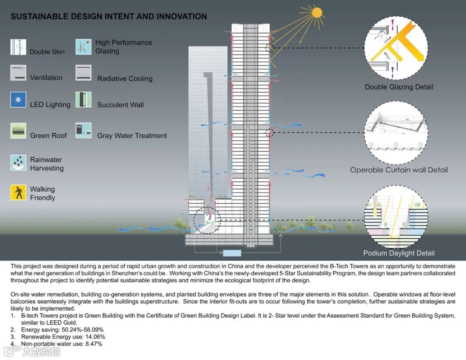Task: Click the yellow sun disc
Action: click(x=317, y=12)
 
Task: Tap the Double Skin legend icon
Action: click(x=18, y=47)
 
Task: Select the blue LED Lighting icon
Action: click(x=18, y=100)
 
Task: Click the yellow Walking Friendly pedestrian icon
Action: click(x=18, y=193)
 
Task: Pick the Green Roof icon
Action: click(x=18, y=130)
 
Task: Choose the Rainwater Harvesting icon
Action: click(x=18, y=163)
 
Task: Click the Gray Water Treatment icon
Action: click(x=83, y=130)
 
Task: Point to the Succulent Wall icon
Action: click(x=83, y=100)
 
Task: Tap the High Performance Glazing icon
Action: click(x=83, y=47)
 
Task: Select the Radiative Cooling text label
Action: click(x=125, y=79)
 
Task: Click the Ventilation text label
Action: click(x=46, y=78)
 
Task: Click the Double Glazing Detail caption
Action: click(x=399, y=87)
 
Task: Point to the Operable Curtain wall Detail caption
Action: click(x=399, y=170)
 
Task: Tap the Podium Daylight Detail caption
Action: click(x=399, y=253)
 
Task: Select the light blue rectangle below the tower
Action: click(x=232, y=253)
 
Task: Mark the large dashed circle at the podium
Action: click(x=207, y=221)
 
